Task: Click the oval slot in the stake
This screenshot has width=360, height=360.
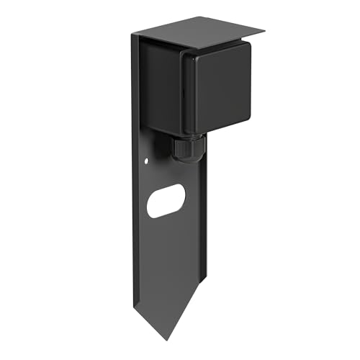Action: click(166, 201)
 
